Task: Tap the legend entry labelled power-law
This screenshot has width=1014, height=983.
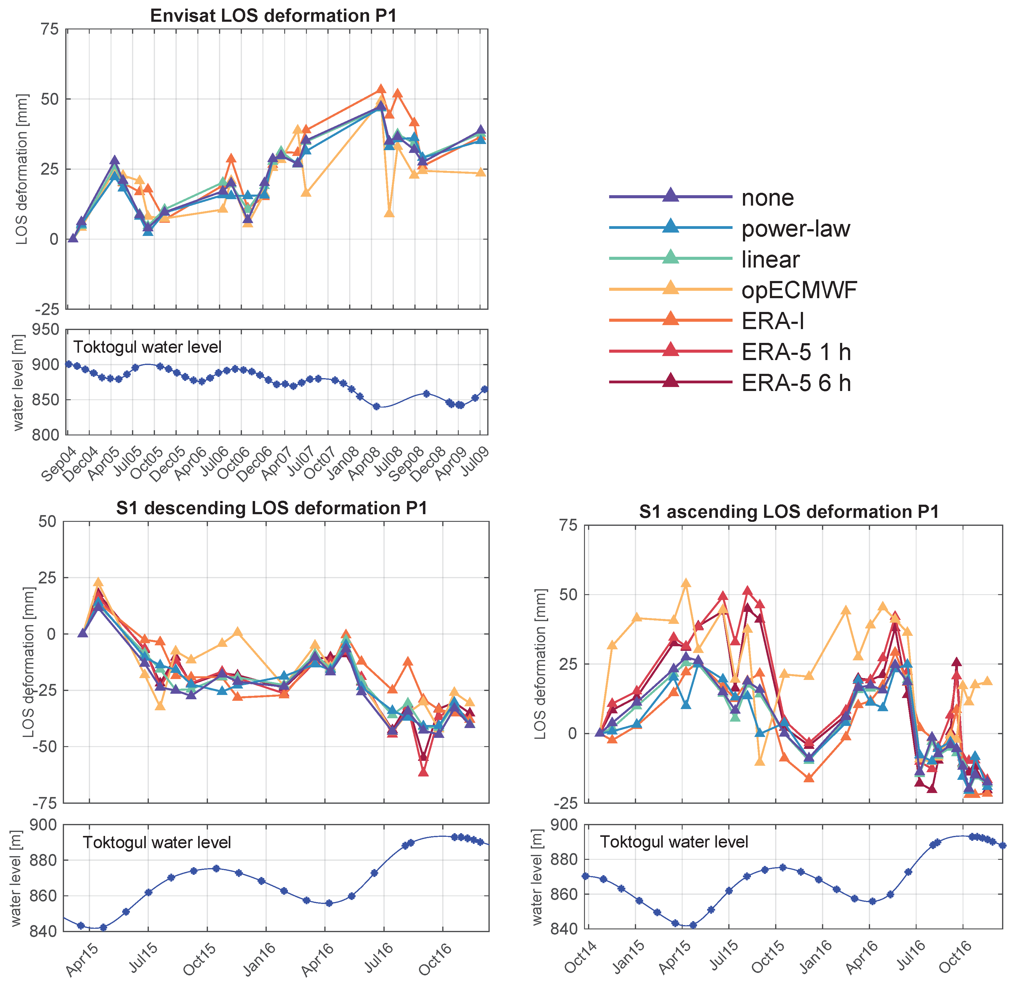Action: point(796,229)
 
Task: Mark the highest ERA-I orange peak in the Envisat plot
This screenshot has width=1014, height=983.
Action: point(381,89)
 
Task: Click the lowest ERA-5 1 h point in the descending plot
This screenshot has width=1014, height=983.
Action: point(423,772)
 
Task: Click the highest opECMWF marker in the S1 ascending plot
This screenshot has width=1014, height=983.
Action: point(686,583)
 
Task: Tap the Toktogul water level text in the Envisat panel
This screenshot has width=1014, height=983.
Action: point(147,347)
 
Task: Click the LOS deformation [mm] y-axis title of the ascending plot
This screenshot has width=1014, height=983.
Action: point(540,664)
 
